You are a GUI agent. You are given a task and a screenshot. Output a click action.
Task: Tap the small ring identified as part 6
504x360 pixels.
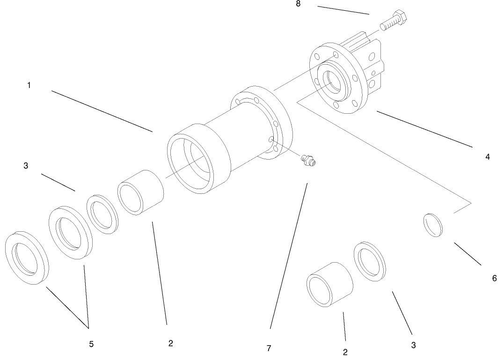433,226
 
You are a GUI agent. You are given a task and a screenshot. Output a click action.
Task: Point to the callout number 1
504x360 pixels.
29,86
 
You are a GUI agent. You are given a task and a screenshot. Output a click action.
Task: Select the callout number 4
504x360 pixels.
488,157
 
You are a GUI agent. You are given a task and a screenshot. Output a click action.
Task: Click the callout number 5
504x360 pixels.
91,344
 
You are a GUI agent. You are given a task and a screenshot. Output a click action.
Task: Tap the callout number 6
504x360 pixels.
494,278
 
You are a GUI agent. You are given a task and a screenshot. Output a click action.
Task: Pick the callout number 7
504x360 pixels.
269,348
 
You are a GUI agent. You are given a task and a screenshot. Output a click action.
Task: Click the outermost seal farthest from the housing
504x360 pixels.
27,257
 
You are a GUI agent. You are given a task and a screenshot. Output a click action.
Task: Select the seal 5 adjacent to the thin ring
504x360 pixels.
71,230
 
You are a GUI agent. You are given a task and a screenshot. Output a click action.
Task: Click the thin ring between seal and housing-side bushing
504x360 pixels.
102,213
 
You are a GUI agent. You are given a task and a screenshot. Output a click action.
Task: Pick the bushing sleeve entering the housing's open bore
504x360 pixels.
140,192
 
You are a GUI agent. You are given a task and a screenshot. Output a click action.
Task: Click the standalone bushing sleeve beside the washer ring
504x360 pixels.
329,285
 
